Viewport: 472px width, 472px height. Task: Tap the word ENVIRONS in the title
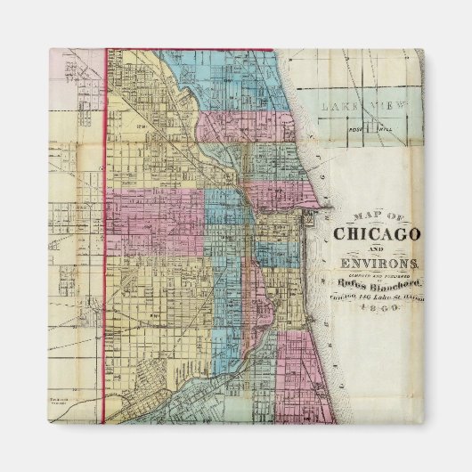pos(376,264)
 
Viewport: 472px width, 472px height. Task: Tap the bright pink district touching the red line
pos(151,214)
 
